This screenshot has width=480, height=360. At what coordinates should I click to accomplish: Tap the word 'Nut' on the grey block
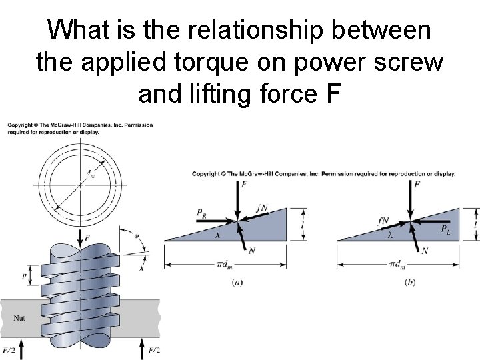tap(20, 318)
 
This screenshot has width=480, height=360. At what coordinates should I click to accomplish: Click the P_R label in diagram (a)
tap(201, 212)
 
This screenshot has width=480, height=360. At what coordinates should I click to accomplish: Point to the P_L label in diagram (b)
tap(445, 229)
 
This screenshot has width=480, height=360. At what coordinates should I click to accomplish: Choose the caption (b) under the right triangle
tap(410, 282)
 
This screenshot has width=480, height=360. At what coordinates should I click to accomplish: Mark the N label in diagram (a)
tap(251, 250)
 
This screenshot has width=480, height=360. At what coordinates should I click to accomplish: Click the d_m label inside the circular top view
tap(91, 175)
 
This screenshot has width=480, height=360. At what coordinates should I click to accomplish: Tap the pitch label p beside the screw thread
tap(24, 275)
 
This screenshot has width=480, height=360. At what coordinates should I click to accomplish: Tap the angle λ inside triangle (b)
tap(391, 235)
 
